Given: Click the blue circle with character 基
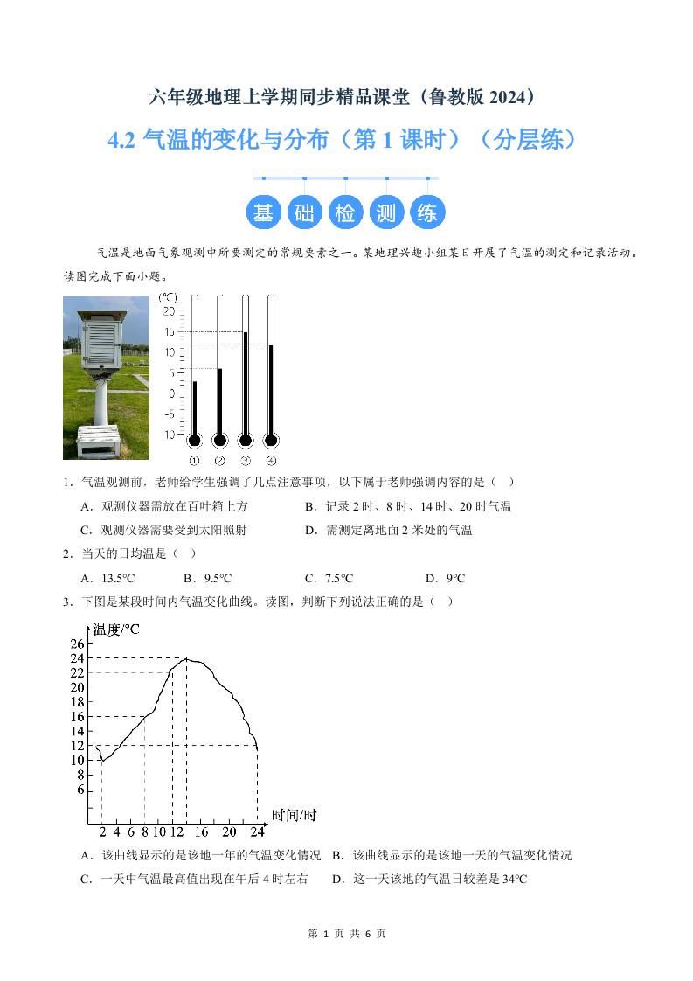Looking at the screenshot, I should pyautogui.click(x=263, y=212).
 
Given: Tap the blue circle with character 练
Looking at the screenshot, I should pyautogui.click(x=427, y=212).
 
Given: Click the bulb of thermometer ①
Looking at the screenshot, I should pyautogui.click(x=194, y=440).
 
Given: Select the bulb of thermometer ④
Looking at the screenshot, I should pyautogui.click(x=271, y=440).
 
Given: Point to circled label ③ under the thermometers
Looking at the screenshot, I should pyautogui.click(x=246, y=461).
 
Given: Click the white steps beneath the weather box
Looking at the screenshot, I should pyautogui.click(x=98, y=440).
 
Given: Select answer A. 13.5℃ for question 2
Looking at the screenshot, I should pyautogui.click(x=107, y=578).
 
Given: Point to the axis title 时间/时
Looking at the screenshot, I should pyautogui.click(x=294, y=816).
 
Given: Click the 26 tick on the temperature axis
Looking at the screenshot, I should pyautogui.click(x=77, y=644).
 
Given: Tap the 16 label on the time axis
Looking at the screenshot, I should pyautogui.click(x=201, y=831).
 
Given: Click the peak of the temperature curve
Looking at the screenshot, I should pyautogui.click(x=186, y=658).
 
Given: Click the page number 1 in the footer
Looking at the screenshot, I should pyautogui.click(x=325, y=934).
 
